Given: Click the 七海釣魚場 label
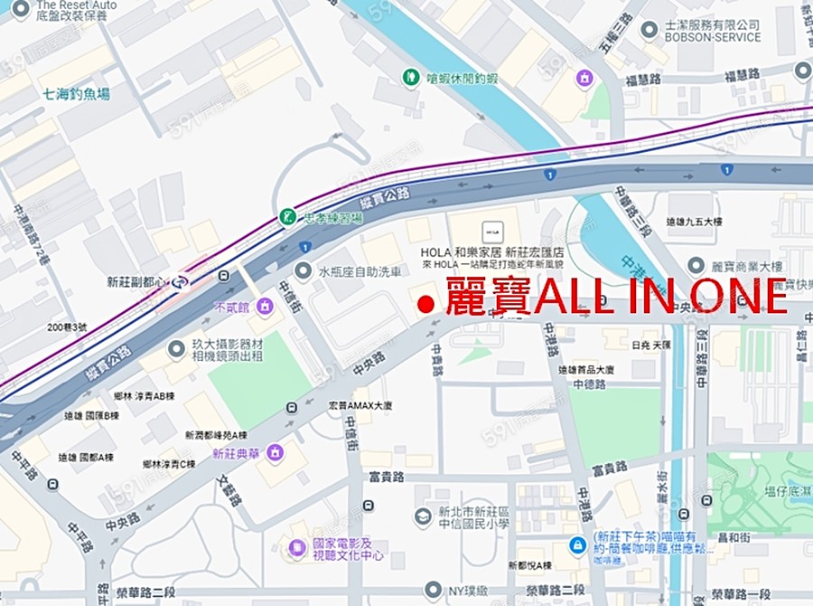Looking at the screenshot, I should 76,93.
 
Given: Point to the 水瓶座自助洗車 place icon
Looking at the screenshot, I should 304,270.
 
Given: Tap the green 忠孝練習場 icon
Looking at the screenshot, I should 286,217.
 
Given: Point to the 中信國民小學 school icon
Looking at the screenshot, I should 422,516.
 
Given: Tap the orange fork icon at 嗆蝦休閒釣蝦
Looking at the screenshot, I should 411,78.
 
